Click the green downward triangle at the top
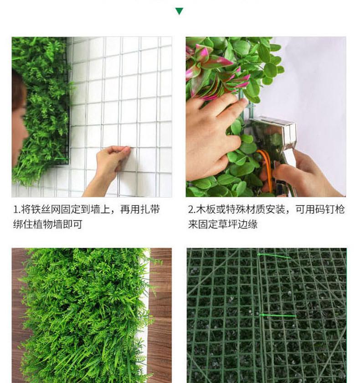click(179, 11)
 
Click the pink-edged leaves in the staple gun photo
click(214, 68)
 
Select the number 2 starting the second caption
click(190, 210)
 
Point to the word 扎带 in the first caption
click(150, 210)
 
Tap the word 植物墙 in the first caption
click(50, 224)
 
